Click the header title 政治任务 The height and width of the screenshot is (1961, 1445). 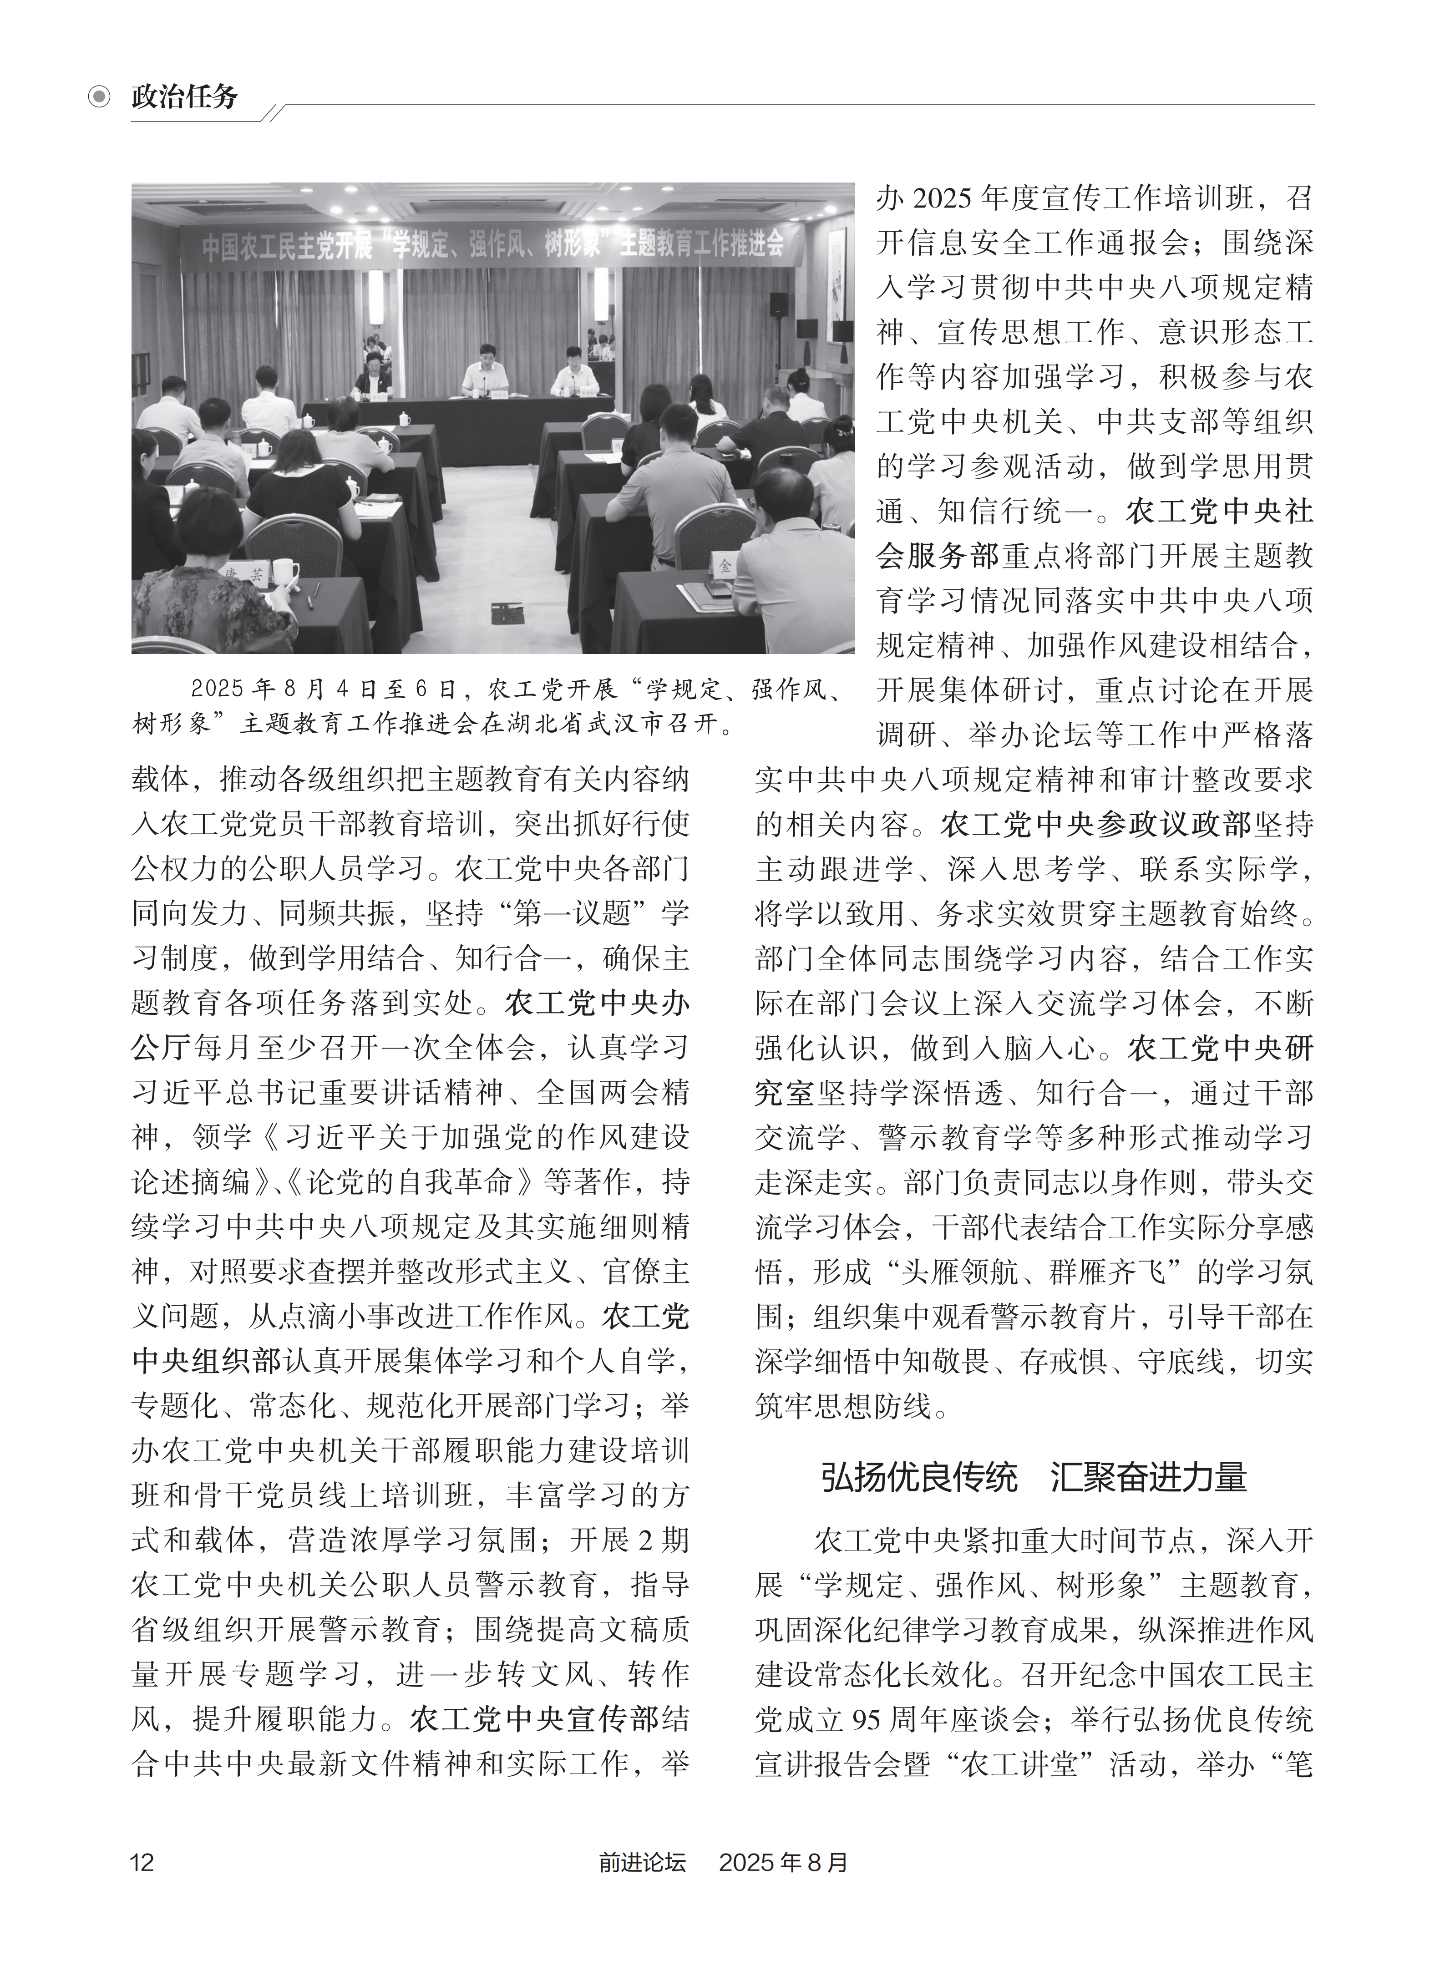185,96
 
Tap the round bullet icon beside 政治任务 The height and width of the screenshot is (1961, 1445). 100,96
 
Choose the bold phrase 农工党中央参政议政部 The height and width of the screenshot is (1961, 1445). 1096,824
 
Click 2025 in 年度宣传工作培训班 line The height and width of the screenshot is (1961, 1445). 942,198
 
